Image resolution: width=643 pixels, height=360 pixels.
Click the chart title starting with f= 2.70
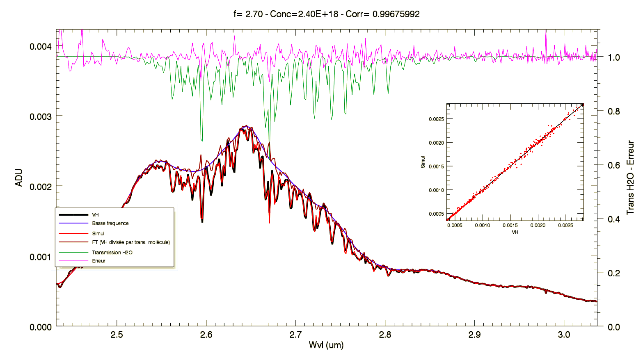(x=326, y=14)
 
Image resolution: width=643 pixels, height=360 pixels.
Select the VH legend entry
(x=95, y=215)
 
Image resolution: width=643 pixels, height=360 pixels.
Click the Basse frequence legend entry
(x=110, y=223)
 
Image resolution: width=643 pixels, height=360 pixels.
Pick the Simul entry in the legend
(x=98, y=234)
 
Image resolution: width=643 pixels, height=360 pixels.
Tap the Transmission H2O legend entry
(x=112, y=253)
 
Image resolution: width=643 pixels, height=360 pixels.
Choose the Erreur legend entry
(x=98, y=261)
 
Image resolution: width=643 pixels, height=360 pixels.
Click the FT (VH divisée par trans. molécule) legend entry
(x=130, y=242)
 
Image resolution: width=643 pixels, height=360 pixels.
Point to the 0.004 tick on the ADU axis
(x=41, y=46)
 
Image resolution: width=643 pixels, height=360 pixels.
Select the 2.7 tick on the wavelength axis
(x=295, y=335)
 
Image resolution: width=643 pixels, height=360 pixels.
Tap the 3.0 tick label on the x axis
(x=564, y=335)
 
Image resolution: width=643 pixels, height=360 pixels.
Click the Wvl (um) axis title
(x=326, y=345)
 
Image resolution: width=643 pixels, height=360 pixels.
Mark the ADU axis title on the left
(x=19, y=178)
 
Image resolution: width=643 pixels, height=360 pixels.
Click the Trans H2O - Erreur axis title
(x=630, y=178)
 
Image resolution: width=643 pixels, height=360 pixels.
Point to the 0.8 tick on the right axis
(x=614, y=111)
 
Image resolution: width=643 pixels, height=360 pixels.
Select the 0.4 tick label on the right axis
(x=614, y=219)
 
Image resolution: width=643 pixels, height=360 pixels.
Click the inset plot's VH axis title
(x=515, y=232)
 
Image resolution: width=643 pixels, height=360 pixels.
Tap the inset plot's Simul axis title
(x=423, y=162)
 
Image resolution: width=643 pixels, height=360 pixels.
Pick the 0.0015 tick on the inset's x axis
(x=510, y=225)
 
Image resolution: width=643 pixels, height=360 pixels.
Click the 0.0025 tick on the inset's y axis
(x=436, y=119)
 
